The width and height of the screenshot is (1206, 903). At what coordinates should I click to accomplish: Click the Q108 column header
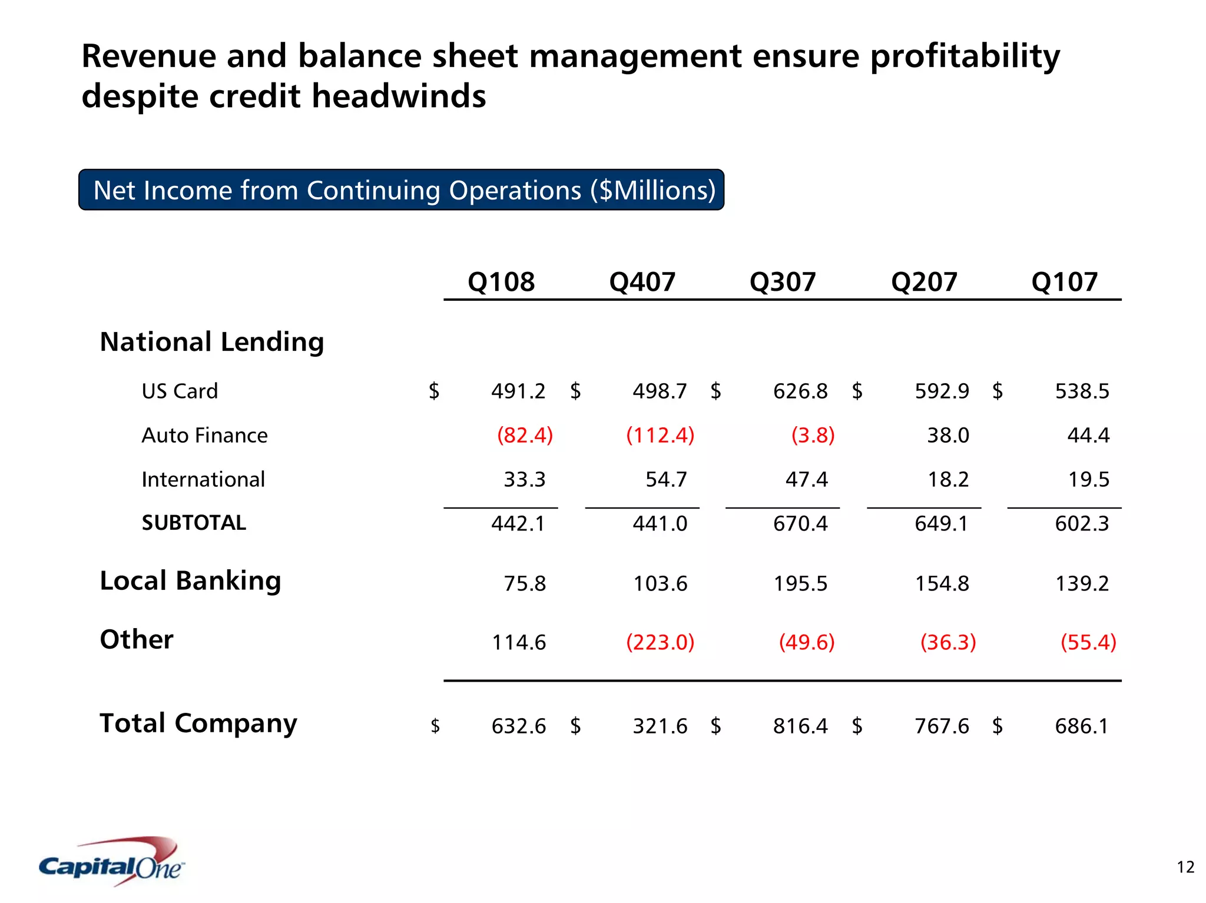tap(501, 282)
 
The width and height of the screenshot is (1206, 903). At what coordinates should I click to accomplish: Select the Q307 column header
tap(783, 282)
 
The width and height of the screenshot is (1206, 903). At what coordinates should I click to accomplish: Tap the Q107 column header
tap(1065, 282)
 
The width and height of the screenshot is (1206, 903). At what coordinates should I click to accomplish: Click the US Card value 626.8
tap(800, 391)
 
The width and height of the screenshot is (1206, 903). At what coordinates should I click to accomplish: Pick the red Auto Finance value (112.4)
tap(660, 436)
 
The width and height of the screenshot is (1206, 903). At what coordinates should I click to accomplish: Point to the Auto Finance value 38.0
tap(947, 436)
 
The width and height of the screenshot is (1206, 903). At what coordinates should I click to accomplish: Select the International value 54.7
tap(666, 480)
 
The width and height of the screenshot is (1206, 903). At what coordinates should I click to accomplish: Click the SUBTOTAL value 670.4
tap(800, 523)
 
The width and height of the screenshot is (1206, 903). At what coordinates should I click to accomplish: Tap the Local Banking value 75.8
tap(525, 584)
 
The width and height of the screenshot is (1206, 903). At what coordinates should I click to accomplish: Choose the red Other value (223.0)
tap(660, 642)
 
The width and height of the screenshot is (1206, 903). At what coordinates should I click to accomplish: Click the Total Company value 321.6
tap(660, 726)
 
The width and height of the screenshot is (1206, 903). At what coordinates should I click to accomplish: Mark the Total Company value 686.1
tap(1082, 726)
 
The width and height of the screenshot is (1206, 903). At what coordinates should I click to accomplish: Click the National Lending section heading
tap(212, 342)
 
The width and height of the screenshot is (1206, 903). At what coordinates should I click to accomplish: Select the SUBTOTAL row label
tap(194, 523)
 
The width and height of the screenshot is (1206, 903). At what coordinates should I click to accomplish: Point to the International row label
tap(203, 480)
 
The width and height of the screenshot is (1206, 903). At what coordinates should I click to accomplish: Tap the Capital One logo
tap(112, 863)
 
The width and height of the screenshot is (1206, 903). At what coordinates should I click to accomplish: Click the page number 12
tap(1185, 867)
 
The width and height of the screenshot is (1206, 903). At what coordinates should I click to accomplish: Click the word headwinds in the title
tap(399, 96)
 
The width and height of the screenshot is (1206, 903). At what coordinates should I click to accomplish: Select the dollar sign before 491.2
tap(434, 391)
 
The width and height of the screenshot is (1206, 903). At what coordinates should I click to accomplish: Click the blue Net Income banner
tap(402, 190)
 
